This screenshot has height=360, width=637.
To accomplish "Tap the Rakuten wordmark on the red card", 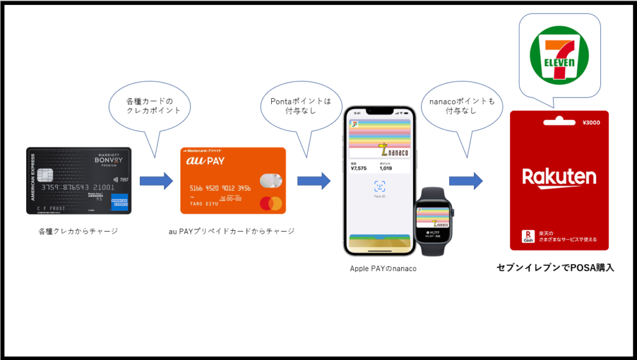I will pyautogui.click(x=559, y=177).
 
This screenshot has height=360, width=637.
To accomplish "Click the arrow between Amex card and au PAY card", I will pyautogui.click(x=156, y=181).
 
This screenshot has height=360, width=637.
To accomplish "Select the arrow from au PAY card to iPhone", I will pyautogui.click(x=314, y=181).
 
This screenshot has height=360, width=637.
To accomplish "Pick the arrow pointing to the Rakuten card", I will pyautogui.click(x=466, y=181).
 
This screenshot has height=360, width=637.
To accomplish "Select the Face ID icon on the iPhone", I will pyautogui.click(x=379, y=186).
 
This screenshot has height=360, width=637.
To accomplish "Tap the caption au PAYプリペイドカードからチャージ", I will pyautogui.click(x=231, y=231).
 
